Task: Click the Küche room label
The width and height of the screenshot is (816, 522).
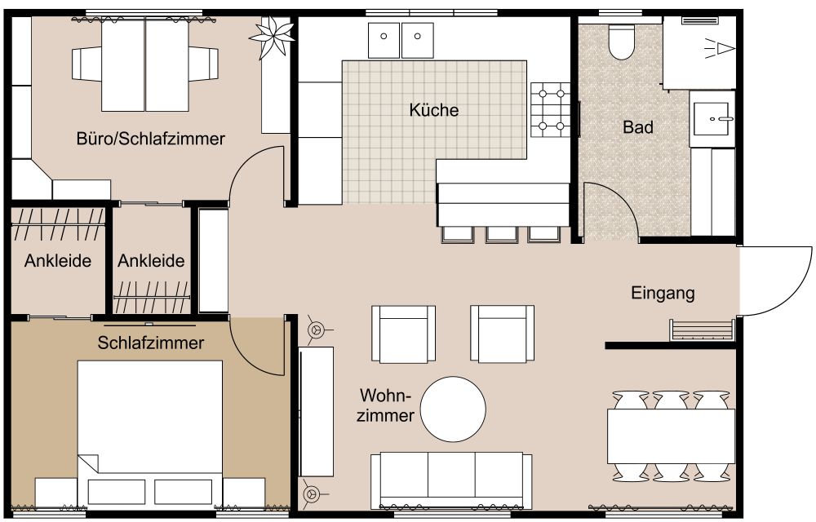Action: point(434,110)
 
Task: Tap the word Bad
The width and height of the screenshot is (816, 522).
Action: point(637,127)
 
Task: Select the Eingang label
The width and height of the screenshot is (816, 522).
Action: point(663,293)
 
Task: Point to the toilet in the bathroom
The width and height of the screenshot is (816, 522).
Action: point(621,42)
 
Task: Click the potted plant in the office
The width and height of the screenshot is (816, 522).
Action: point(272,35)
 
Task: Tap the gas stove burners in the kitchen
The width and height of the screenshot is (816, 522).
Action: point(550,108)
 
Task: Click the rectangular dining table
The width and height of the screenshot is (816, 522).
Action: point(671,436)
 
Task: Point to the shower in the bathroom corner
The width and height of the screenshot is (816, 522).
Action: point(699,51)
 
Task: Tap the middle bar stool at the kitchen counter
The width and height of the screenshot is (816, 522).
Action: point(500,233)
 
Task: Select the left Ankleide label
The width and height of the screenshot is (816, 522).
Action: point(57,262)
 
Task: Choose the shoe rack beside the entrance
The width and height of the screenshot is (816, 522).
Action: point(701,330)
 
